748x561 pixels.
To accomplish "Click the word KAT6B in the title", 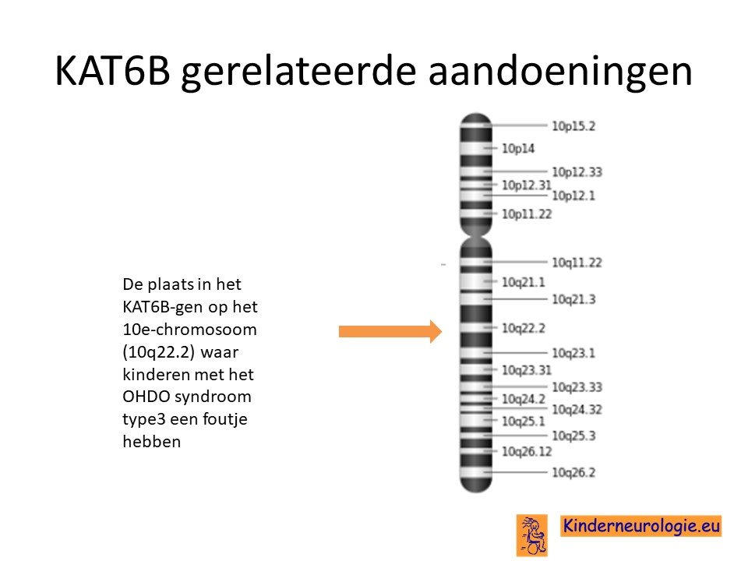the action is [x=112, y=70].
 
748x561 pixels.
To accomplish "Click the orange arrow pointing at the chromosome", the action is [x=390, y=332].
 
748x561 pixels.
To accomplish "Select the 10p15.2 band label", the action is [x=574, y=126].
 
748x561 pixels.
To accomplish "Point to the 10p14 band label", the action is [x=518, y=149].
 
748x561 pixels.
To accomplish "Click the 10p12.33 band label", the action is [x=577, y=171].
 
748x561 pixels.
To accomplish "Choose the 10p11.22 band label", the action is [x=527, y=214].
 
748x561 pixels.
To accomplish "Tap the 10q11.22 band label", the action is [x=577, y=263].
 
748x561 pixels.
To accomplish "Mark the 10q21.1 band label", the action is [x=524, y=282].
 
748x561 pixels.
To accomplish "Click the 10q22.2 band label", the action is [x=524, y=328].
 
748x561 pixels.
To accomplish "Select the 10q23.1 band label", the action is [x=574, y=353].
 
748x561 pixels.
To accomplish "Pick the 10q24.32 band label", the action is [x=577, y=409].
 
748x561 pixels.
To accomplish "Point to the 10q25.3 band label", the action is [x=574, y=436].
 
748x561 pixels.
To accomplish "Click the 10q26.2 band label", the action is [x=574, y=472].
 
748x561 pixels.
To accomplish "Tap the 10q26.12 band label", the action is [x=527, y=451].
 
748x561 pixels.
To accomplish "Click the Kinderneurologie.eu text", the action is [x=641, y=526].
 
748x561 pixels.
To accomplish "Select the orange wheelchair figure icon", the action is [x=532, y=535].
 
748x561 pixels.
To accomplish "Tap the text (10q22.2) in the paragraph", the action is [x=158, y=352].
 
